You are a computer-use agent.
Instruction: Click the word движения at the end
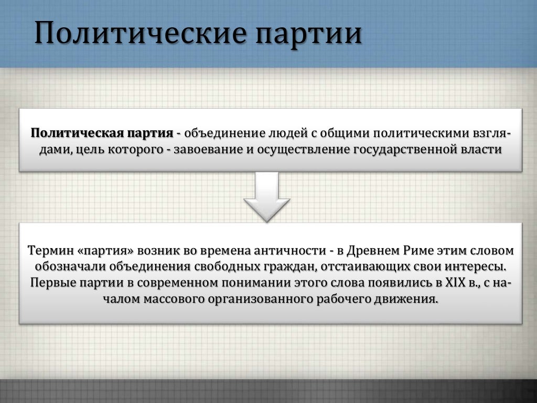411,300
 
